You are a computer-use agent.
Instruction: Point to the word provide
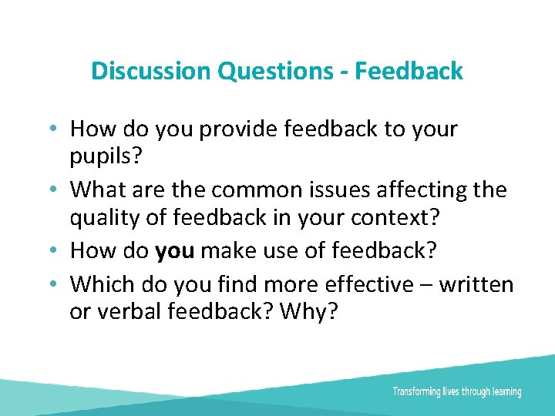click(237, 129)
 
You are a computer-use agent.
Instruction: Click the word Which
click(103, 284)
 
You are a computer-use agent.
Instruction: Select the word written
click(477, 284)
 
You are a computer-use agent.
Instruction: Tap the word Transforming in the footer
click(417, 391)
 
